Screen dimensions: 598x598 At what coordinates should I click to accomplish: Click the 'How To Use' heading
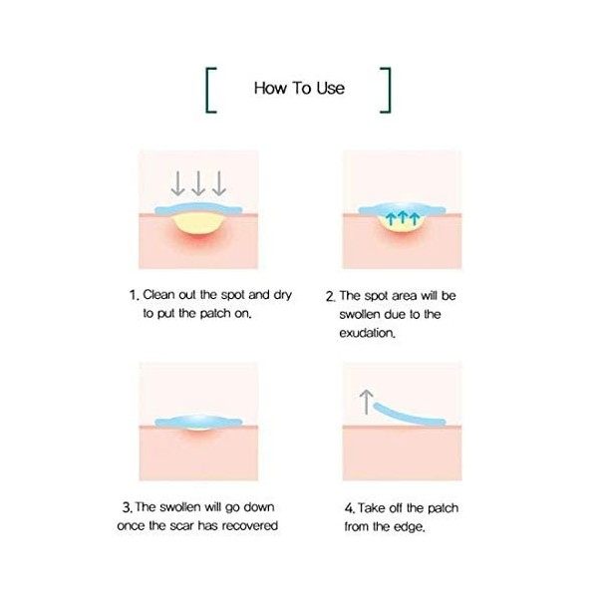click(299, 88)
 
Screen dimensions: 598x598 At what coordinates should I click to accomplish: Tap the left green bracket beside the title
click(211, 88)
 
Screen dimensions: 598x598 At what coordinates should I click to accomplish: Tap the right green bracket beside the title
click(387, 88)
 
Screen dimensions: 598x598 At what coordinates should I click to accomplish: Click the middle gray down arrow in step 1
click(198, 182)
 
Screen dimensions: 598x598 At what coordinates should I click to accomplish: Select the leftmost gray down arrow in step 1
click(177, 182)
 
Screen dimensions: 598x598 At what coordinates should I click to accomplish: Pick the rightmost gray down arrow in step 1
click(219, 182)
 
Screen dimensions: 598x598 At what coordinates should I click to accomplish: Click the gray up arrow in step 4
click(366, 401)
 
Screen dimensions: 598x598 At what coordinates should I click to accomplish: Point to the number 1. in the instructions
click(134, 295)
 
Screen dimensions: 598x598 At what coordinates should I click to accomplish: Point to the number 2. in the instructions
click(330, 296)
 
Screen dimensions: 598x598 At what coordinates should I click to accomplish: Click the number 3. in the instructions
click(127, 507)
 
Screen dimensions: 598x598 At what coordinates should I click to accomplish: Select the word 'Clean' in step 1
click(161, 295)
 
